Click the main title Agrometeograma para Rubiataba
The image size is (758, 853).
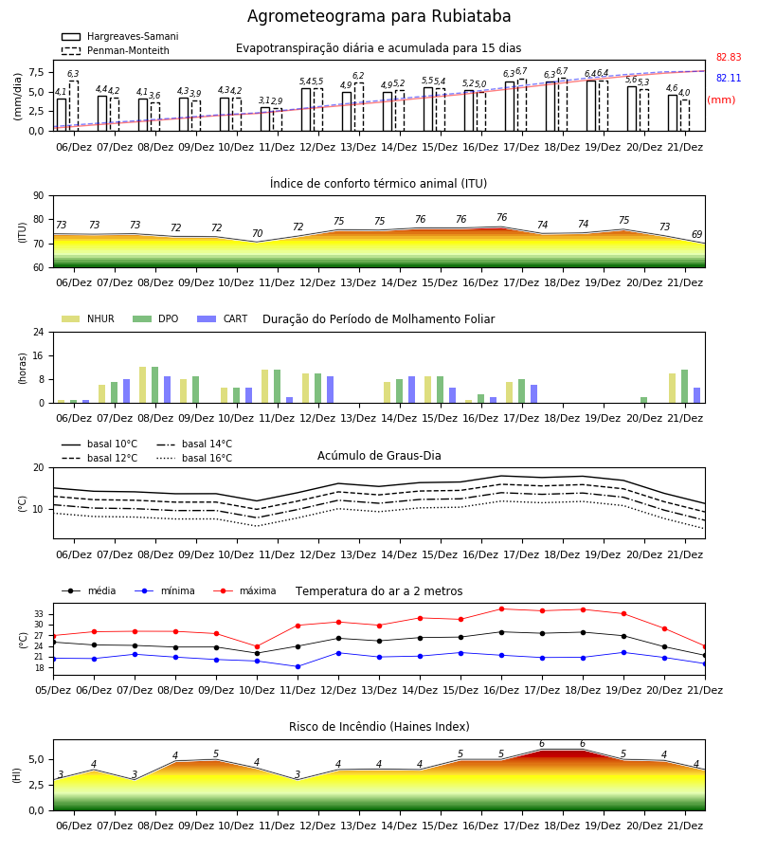point(379,16)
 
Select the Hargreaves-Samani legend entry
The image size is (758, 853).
point(119,36)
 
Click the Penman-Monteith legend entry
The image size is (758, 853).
point(116,50)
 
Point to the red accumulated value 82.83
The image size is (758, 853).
point(729,57)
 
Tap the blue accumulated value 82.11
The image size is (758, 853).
point(729,78)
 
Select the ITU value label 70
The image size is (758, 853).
point(257,233)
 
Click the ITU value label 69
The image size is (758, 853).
point(696,234)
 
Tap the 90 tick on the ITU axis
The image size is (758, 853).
point(39,196)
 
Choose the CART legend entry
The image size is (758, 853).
point(223,318)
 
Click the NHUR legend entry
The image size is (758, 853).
point(88,318)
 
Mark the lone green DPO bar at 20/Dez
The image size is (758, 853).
point(643,400)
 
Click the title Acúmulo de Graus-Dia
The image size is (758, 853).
point(379,455)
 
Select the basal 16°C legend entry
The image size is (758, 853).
point(194,458)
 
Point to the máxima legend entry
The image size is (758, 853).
point(244,590)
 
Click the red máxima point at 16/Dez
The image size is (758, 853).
point(501,608)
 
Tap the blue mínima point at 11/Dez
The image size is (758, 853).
point(298,666)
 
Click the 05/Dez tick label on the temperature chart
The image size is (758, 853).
point(53,690)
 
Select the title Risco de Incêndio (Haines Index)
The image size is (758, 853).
point(379,727)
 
